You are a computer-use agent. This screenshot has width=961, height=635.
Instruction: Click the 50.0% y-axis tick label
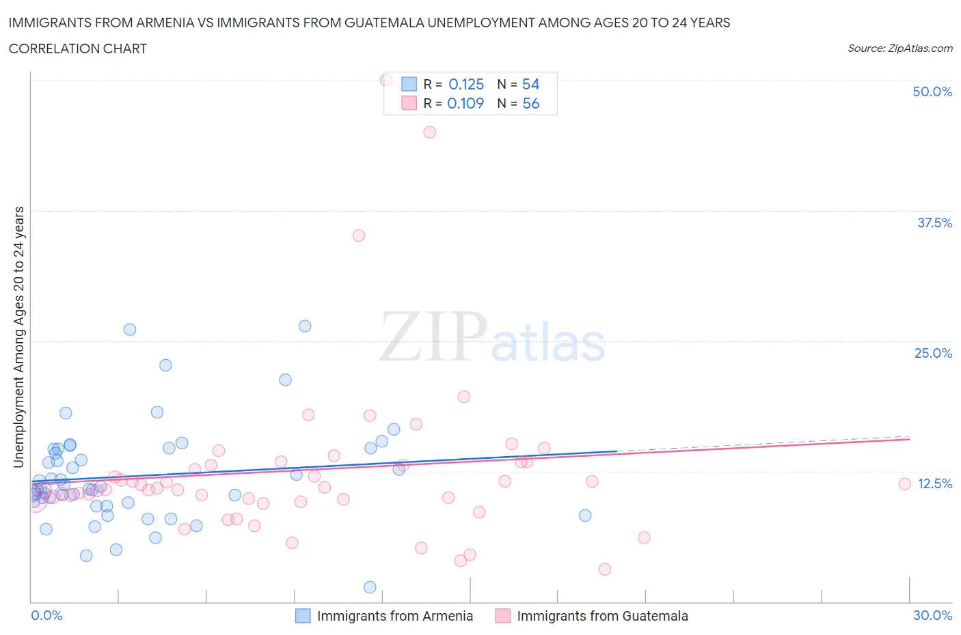click(932, 91)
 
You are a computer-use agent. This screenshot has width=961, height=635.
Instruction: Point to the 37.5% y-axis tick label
click(934, 223)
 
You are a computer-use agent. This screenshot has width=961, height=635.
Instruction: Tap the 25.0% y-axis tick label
click(933, 353)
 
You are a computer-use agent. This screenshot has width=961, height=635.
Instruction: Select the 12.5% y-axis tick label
click(934, 483)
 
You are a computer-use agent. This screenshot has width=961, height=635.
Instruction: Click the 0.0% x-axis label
click(46, 615)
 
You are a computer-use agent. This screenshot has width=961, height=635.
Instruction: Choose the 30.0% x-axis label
click(932, 615)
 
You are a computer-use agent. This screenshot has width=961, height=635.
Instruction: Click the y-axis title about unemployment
click(18, 337)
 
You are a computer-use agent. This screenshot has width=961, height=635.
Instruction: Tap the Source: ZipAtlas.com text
click(899, 48)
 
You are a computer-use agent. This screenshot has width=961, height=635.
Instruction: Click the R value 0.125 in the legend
click(466, 84)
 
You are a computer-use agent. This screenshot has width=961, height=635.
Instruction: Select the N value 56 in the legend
click(531, 103)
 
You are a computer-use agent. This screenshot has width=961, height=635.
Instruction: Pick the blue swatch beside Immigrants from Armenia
click(303, 616)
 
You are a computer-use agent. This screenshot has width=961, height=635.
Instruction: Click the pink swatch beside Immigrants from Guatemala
click(502, 616)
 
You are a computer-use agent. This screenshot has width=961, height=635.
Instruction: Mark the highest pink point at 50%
click(386, 80)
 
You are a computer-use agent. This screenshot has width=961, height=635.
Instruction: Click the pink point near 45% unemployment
click(430, 132)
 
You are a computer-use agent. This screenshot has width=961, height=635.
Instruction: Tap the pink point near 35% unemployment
click(359, 236)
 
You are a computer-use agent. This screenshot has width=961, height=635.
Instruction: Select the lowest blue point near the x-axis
click(370, 587)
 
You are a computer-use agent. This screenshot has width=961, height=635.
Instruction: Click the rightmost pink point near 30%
click(904, 484)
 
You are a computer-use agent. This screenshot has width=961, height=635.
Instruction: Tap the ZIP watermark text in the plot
click(433, 337)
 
